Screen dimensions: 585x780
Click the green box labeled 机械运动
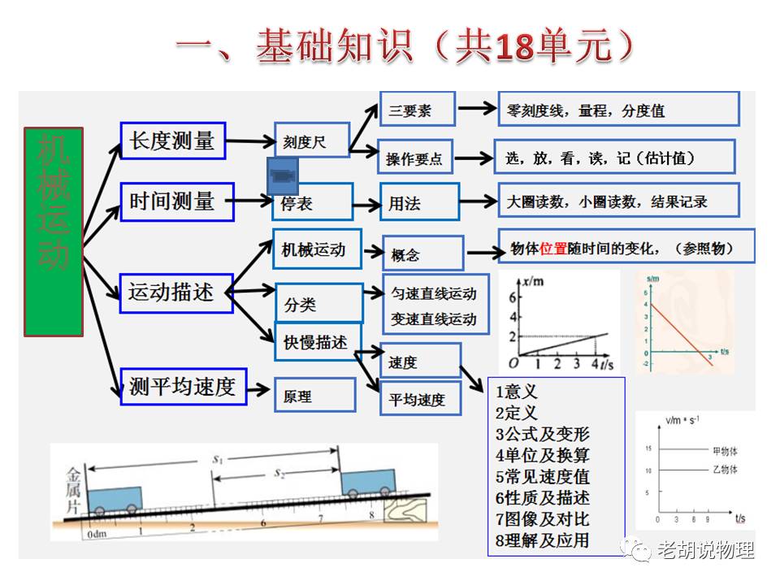[x=54, y=232]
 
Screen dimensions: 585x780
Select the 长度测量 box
[x=171, y=141]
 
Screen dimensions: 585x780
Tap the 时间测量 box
[x=176, y=201]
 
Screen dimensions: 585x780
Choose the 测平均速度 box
[x=183, y=387]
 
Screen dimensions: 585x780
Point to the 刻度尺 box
[x=312, y=142]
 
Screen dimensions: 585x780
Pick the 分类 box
[x=318, y=305]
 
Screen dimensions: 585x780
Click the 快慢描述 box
[x=318, y=342]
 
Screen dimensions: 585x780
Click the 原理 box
[x=314, y=396]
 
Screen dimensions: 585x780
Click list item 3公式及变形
[x=542, y=434]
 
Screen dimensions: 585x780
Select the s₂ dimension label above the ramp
[x=279, y=471]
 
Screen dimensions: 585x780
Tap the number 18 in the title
[x=511, y=48]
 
